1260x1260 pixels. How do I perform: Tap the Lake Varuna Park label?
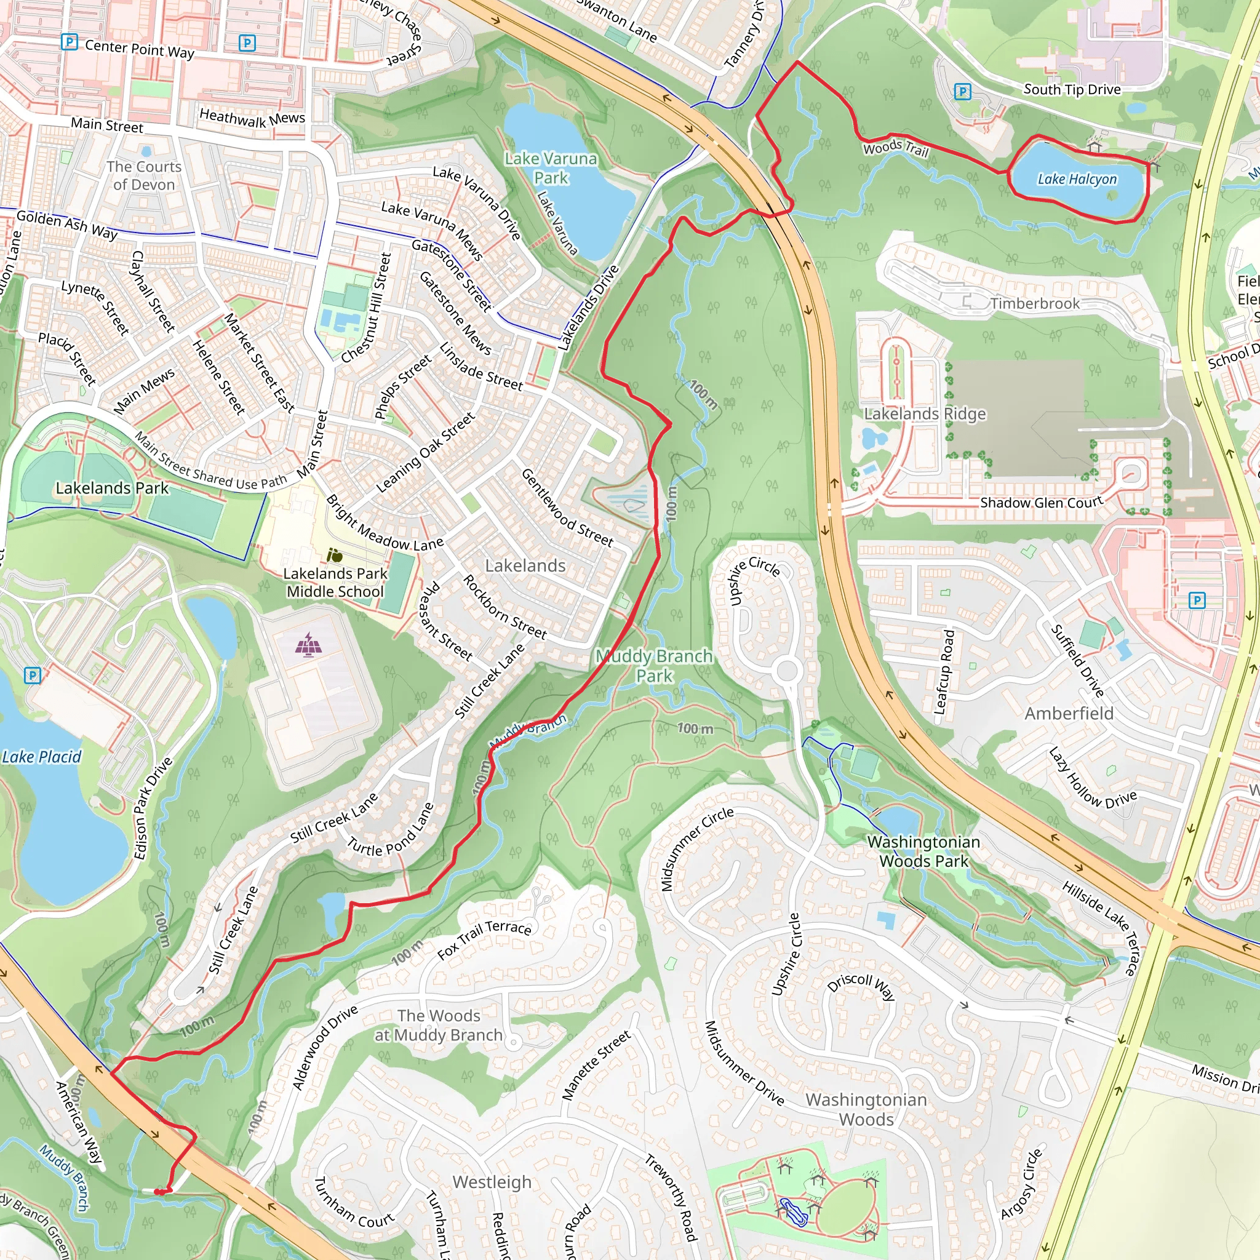551,168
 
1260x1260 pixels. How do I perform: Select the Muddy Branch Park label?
653,666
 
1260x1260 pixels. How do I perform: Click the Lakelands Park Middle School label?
335,583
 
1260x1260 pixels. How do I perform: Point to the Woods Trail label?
895,148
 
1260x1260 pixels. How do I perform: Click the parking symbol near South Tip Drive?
962,91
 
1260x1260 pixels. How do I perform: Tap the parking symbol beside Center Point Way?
69,42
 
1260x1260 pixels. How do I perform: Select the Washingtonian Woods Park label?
923,851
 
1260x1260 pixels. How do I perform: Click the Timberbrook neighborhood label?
1035,303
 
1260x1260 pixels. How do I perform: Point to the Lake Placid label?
42,757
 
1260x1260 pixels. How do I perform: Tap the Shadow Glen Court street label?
1042,502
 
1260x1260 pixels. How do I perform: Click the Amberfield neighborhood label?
1069,714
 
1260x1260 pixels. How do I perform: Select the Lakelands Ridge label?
925,413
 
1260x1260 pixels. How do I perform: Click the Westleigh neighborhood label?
492,1182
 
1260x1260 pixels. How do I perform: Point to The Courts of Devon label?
144,175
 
